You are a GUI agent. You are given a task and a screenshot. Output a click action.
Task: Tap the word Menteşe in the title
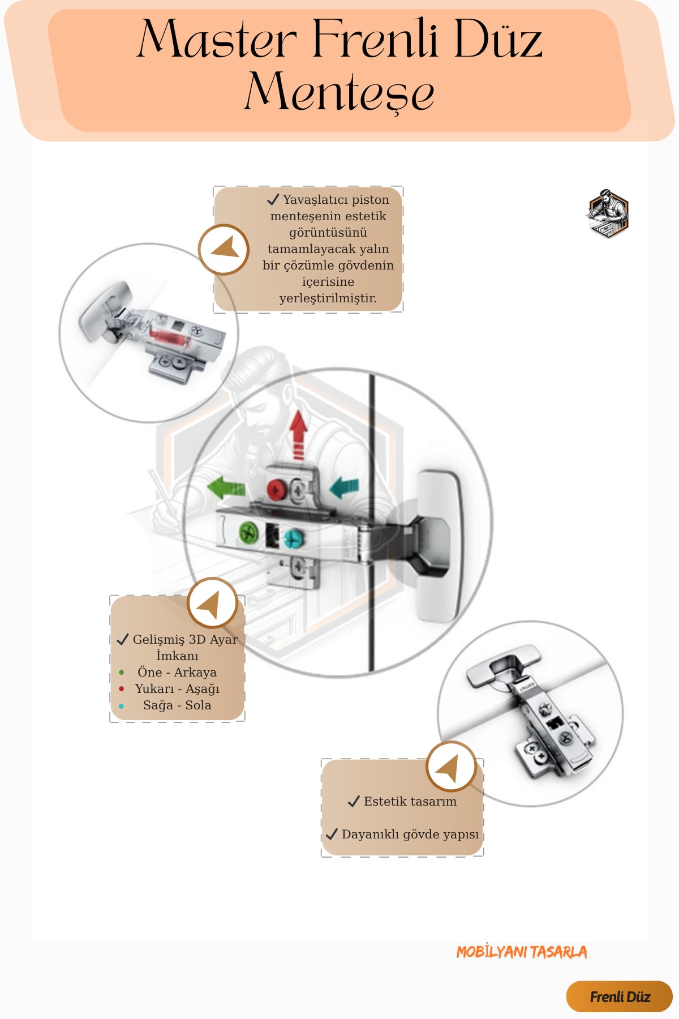tap(339, 91)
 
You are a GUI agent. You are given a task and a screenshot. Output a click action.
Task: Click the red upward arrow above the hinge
tap(298, 434)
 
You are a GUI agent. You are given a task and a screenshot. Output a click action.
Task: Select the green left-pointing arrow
tap(226, 487)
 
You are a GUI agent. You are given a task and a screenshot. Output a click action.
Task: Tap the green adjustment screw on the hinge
tap(248, 532)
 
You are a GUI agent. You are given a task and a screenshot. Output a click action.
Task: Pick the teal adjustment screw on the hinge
tap(293, 538)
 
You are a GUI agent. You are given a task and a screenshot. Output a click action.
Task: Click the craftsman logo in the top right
tap(608, 213)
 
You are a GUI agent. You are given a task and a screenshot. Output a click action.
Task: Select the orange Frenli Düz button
tap(619, 996)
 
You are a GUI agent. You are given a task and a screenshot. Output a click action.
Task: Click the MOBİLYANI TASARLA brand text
tap(522, 952)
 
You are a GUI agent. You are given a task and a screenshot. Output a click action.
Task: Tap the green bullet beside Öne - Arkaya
tap(122, 673)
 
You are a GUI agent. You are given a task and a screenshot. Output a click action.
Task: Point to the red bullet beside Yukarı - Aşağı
tap(122, 689)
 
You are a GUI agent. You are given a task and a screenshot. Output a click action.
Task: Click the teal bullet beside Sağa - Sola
tap(122, 706)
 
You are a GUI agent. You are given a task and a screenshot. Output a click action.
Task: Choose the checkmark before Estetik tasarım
tap(354, 801)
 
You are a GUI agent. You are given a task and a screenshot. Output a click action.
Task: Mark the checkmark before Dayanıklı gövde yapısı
tap(332, 834)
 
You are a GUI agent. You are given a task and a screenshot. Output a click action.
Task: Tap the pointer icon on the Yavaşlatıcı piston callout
tap(224, 250)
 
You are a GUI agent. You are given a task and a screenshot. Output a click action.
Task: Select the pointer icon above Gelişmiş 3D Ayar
tap(212, 603)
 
